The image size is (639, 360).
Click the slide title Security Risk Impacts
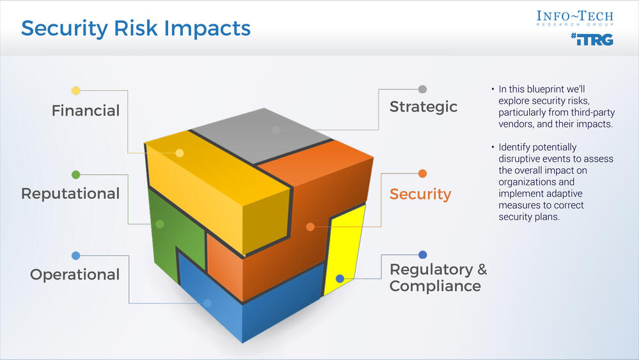135,28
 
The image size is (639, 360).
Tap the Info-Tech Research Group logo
574,19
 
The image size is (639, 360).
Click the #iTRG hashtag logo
592,40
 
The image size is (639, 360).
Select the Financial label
86,111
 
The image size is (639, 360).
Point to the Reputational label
70,194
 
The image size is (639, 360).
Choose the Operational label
75,275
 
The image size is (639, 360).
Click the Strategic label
424,107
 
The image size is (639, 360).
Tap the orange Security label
420,194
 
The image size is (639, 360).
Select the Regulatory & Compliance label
438,278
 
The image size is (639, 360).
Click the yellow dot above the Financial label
76,91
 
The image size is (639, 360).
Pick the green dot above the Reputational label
76,175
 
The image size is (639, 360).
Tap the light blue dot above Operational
76,256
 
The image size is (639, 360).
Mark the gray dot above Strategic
422,89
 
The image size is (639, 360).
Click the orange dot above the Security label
422,173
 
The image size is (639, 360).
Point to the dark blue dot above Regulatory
422,254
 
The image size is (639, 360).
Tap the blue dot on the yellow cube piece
340,279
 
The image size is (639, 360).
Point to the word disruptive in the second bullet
519,159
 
